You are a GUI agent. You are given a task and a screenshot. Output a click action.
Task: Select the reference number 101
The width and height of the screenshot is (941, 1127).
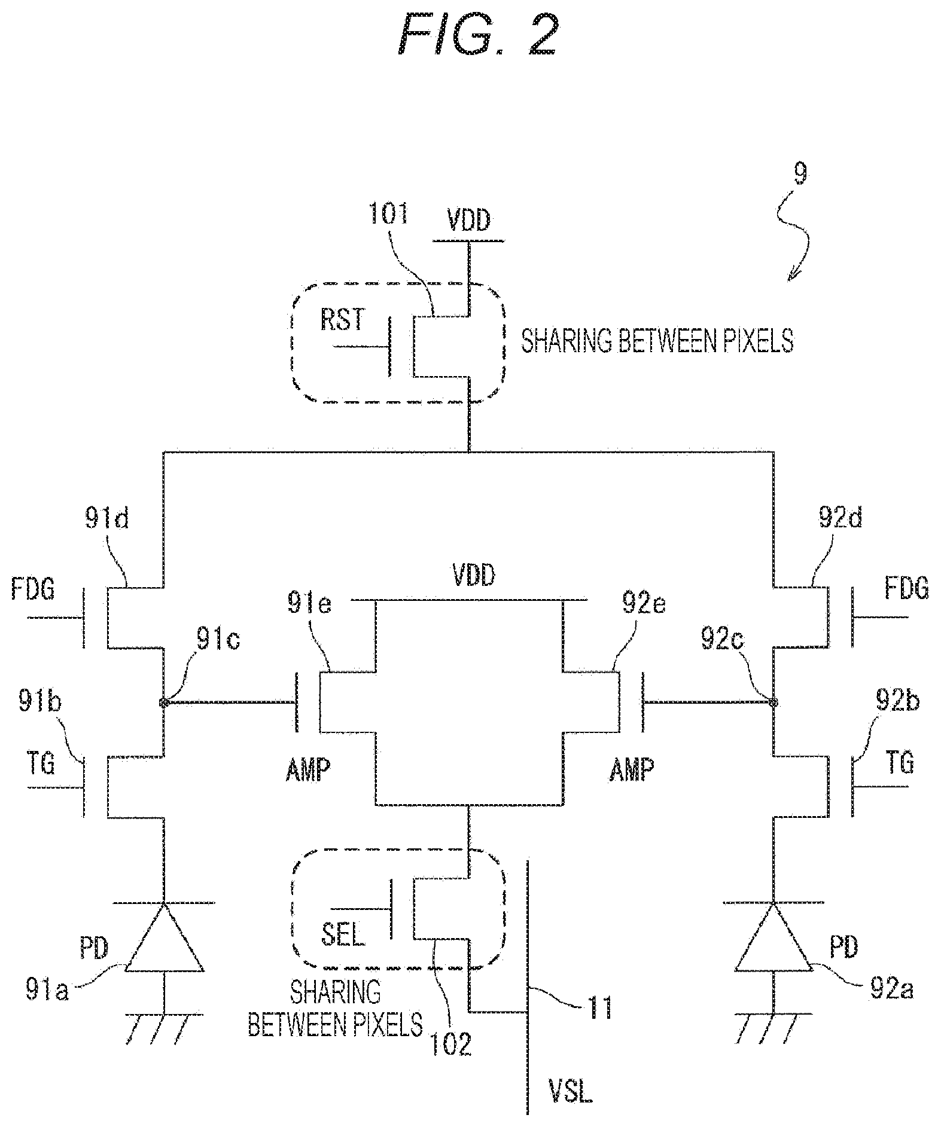coord(388,213)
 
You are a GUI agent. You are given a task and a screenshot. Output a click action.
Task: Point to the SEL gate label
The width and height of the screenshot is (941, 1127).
coord(343,935)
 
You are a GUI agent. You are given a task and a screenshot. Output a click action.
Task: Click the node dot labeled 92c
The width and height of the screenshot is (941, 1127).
coord(773,703)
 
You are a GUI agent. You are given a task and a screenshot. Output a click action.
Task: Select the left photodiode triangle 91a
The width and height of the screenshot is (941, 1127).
coord(163,937)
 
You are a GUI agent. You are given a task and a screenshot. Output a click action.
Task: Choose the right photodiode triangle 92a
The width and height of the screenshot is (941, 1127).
coord(773,937)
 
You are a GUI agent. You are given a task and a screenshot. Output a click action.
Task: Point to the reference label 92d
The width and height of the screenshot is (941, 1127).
coord(840,518)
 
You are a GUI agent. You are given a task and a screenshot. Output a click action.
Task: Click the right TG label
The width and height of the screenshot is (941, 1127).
coord(900,763)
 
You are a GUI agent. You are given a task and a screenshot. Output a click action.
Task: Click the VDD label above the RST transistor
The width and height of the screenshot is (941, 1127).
coord(469,220)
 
